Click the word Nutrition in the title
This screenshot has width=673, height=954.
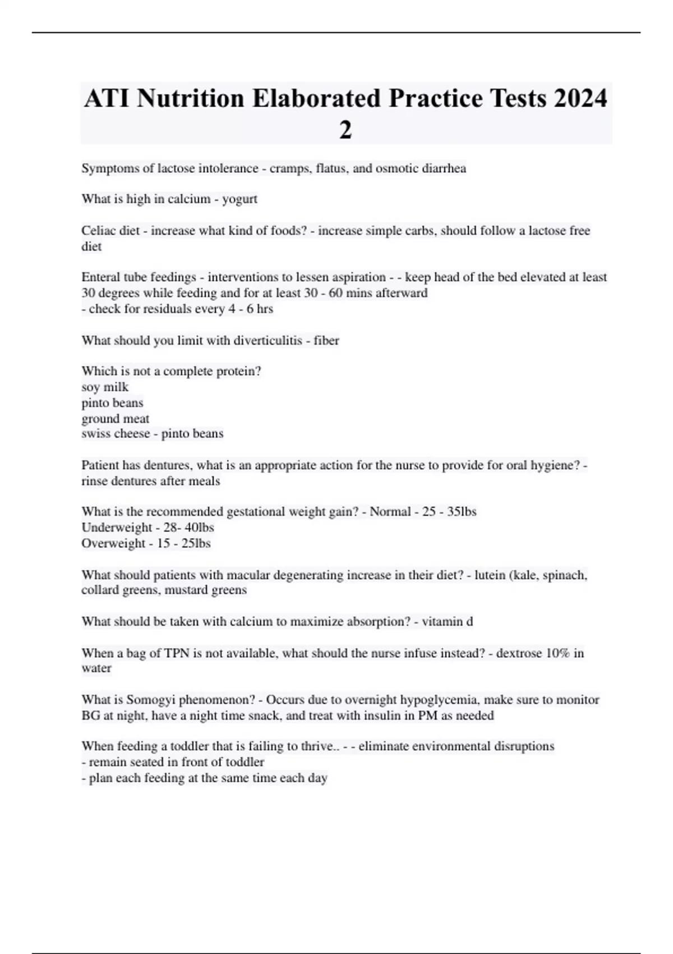coord(190,98)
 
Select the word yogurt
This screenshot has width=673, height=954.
coord(240,199)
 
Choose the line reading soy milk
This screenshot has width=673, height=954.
coord(105,387)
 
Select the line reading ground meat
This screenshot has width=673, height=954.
coord(116,419)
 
